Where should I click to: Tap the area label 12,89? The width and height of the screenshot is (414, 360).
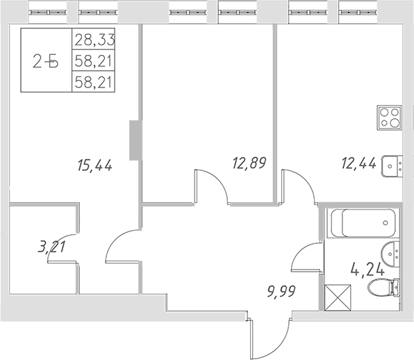pyautogui.click(x=249, y=163)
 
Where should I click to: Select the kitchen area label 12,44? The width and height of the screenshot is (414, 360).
pyautogui.click(x=359, y=164)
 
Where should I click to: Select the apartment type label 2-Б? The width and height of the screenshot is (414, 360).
pyautogui.click(x=46, y=61)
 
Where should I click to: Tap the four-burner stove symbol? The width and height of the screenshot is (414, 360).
pyautogui.click(x=389, y=117)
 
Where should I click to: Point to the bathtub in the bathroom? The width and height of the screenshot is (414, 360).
pyautogui.click(x=363, y=223)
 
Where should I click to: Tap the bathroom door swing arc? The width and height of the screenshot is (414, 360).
pyautogui.click(x=305, y=257)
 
